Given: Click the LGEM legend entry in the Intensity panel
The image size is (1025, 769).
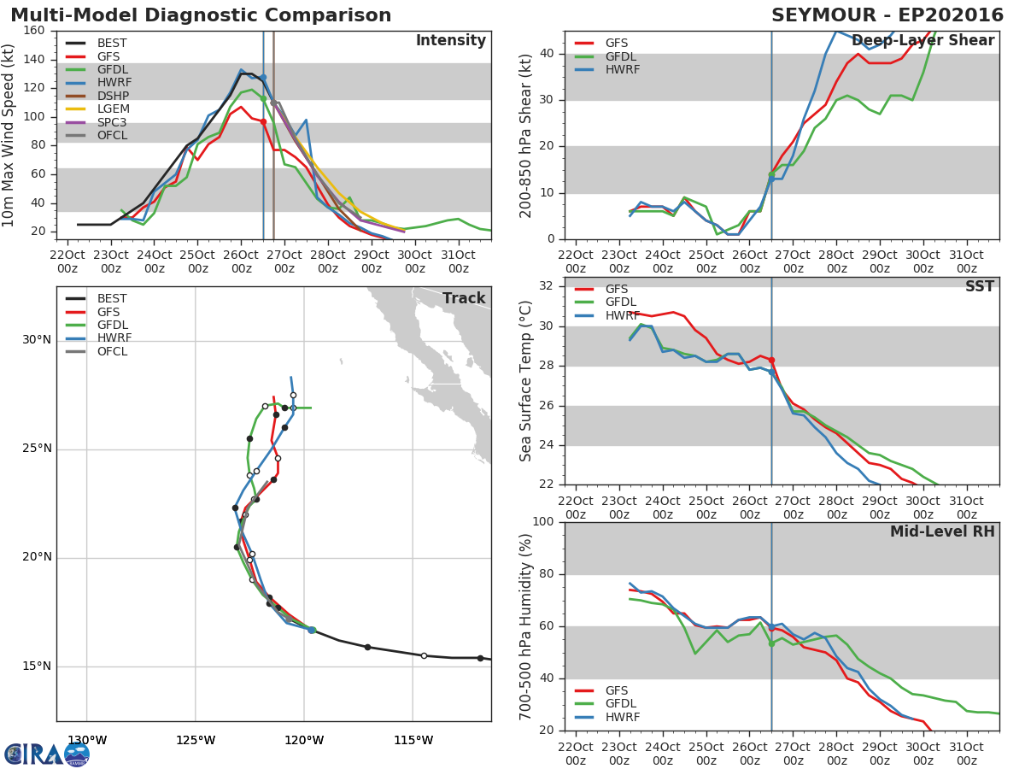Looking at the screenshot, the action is [97, 109].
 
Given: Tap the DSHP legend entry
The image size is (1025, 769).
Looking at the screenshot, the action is [97, 96].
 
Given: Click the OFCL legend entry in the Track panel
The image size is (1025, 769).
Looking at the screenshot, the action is [97, 351].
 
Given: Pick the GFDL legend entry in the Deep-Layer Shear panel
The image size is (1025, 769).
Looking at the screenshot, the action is [606, 56].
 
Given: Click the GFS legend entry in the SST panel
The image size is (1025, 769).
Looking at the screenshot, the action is [601, 289].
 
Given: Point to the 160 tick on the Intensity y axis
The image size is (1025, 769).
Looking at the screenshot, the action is [34, 31].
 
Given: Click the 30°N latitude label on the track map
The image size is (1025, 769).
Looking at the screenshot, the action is [37, 339].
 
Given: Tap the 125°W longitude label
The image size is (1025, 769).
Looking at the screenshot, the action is [196, 740].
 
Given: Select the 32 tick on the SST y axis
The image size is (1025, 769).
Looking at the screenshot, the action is [547, 285].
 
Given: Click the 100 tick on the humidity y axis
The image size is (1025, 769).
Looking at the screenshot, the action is [543, 521].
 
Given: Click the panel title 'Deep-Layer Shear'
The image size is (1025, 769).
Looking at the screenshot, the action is [922, 41].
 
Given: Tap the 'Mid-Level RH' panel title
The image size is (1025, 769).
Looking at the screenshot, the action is [942, 531].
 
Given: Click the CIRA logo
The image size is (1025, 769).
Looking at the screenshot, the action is [47, 754].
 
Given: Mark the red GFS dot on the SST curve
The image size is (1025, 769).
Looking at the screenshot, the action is [772, 361].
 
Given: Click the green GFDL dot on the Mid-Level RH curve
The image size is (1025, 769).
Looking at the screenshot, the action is [771, 643].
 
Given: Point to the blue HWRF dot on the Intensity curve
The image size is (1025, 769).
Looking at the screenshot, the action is [263, 78].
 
